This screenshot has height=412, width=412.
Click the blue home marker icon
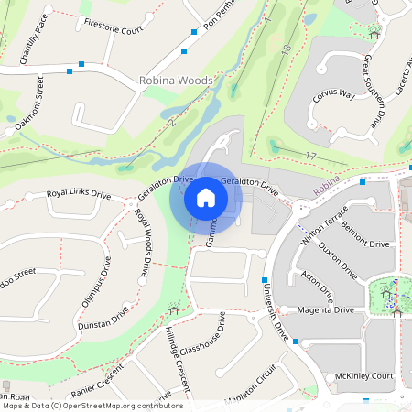[206, 198]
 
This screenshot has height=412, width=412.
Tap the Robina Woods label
[176, 81]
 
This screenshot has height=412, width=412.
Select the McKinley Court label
[363, 376]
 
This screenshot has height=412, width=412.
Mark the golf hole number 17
[311, 157]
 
